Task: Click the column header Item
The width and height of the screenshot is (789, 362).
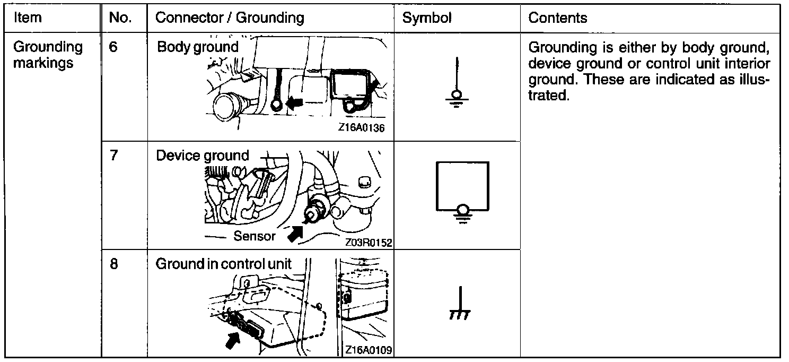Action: (27, 18)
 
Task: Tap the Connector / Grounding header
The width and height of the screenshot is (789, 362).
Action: (230, 18)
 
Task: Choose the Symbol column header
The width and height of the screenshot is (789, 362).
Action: (427, 18)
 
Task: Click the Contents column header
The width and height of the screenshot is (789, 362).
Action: (558, 18)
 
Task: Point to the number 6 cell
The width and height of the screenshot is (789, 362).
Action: (113, 47)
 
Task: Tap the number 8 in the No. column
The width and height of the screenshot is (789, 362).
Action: (113, 264)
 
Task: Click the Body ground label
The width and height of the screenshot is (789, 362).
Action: (198, 47)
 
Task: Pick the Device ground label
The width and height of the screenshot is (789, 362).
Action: (202, 156)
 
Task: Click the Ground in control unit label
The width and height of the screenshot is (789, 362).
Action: (223, 264)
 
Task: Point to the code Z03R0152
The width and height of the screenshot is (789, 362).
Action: (367, 243)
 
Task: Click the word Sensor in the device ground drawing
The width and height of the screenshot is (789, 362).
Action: (255, 236)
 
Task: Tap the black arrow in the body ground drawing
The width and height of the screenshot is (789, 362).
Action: (296, 102)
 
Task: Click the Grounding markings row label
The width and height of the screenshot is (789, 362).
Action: (48, 55)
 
